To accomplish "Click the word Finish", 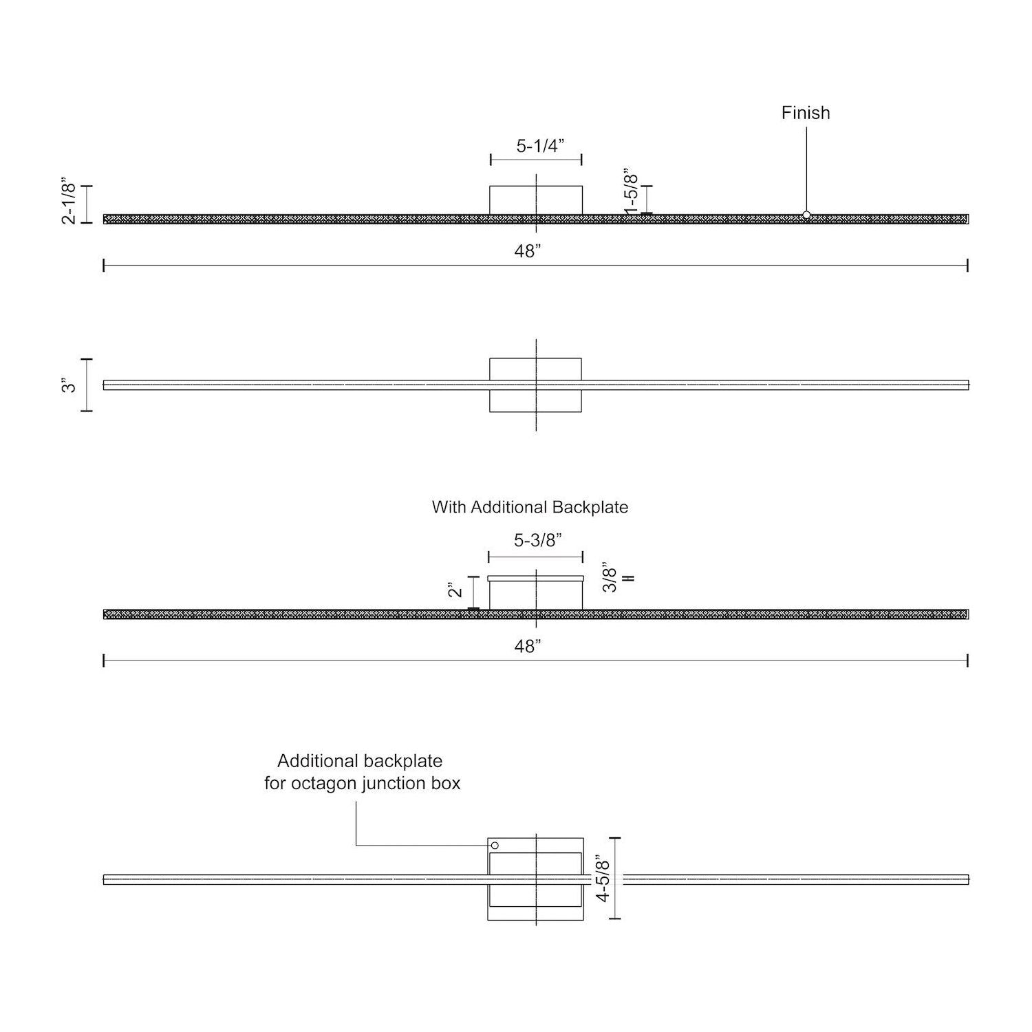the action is pyautogui.click(x=806, y=113).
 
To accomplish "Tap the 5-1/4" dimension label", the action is pyautogui.click(x=540, y=146).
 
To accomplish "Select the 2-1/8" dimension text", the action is pyautogui.click(x=69, y=202).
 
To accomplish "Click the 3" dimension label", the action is pyautogui.click(x=69, y=385).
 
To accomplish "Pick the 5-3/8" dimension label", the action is pyautogui.click(x=538, y=541).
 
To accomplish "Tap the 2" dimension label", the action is pyautogui.click(x=456, y=590).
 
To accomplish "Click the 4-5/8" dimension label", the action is pyautogui.click(x=603, y=879).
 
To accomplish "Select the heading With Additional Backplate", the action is pyautogui.click(x=530, y=507).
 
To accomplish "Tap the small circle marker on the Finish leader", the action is pyautogui.click(x=806, y=215).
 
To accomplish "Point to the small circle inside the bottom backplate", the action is pyautogui.click(x=495, y=845).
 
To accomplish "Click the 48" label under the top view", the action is pyautogui.click(x=528, y=252).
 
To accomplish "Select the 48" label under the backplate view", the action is pyautogui.click(x=528, y=647).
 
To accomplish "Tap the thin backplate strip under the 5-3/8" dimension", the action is pyautogui.click(x=536, y=579).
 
